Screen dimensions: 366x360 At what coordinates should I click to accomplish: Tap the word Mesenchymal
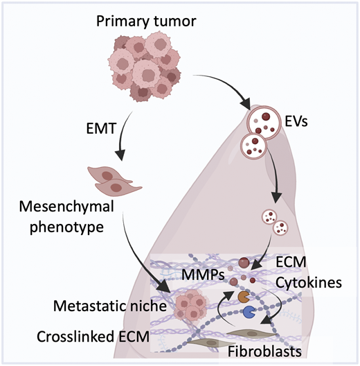click(x=66, y=207)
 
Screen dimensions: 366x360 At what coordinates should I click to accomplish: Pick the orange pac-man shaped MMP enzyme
click(x=244, y=296)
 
